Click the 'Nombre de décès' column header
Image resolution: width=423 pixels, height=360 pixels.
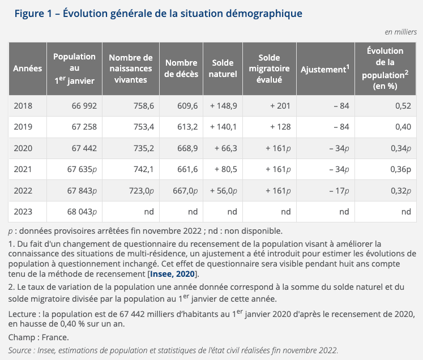[x=181, y=68]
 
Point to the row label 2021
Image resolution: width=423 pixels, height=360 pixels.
[x=23, y=169]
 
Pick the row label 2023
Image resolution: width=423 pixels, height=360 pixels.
[x=23, y=212]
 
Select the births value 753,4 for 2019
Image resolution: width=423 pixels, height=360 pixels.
[x=143, y=127]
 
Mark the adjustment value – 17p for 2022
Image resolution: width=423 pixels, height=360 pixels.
[x=339, y=191]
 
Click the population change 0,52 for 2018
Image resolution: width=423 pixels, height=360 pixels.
[x=403, y=106]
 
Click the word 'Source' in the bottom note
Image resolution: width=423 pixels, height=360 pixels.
[x=20, y=350]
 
